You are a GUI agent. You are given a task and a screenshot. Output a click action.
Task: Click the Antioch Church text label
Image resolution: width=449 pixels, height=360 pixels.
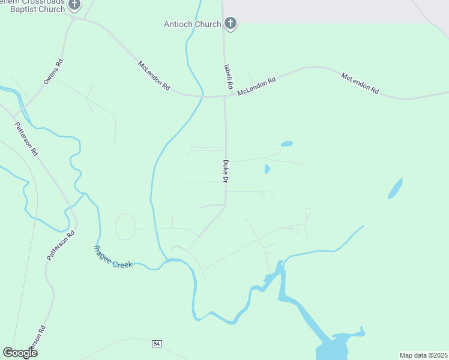point(192,24)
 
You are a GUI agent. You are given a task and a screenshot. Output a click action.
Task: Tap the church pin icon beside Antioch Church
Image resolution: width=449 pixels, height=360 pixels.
point(230,23)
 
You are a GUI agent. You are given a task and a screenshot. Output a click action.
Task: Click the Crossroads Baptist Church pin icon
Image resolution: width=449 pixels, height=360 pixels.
point(74,5)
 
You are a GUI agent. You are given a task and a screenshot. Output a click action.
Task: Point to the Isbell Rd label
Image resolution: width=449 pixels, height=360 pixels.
point(228,77)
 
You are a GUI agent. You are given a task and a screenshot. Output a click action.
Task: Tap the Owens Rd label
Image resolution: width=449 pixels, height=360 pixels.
point(53,71)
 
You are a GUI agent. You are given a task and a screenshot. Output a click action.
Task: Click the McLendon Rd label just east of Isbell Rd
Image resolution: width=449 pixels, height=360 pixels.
point(256,86)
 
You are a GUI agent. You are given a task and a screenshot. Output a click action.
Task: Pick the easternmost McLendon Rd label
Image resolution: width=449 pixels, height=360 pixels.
point(360,83)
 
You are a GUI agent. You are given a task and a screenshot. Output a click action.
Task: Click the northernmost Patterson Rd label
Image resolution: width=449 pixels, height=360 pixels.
point(26,139)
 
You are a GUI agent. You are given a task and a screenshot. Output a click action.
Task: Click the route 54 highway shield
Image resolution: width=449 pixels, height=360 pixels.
point(157,343)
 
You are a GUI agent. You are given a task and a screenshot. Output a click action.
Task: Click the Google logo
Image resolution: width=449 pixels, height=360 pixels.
point(20,352)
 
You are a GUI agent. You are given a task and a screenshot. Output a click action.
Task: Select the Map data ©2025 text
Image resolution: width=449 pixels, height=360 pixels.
point(423,355)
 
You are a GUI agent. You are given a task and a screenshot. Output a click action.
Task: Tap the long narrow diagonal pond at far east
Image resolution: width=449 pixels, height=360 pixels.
point(395,188)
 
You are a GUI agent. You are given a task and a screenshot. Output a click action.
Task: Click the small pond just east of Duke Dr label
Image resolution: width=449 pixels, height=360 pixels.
point(267,169)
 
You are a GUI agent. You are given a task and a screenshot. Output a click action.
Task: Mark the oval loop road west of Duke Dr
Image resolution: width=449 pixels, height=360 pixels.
point(125,227)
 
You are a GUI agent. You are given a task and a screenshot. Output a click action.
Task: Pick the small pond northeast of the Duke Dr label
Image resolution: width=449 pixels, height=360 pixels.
point(287,144)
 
